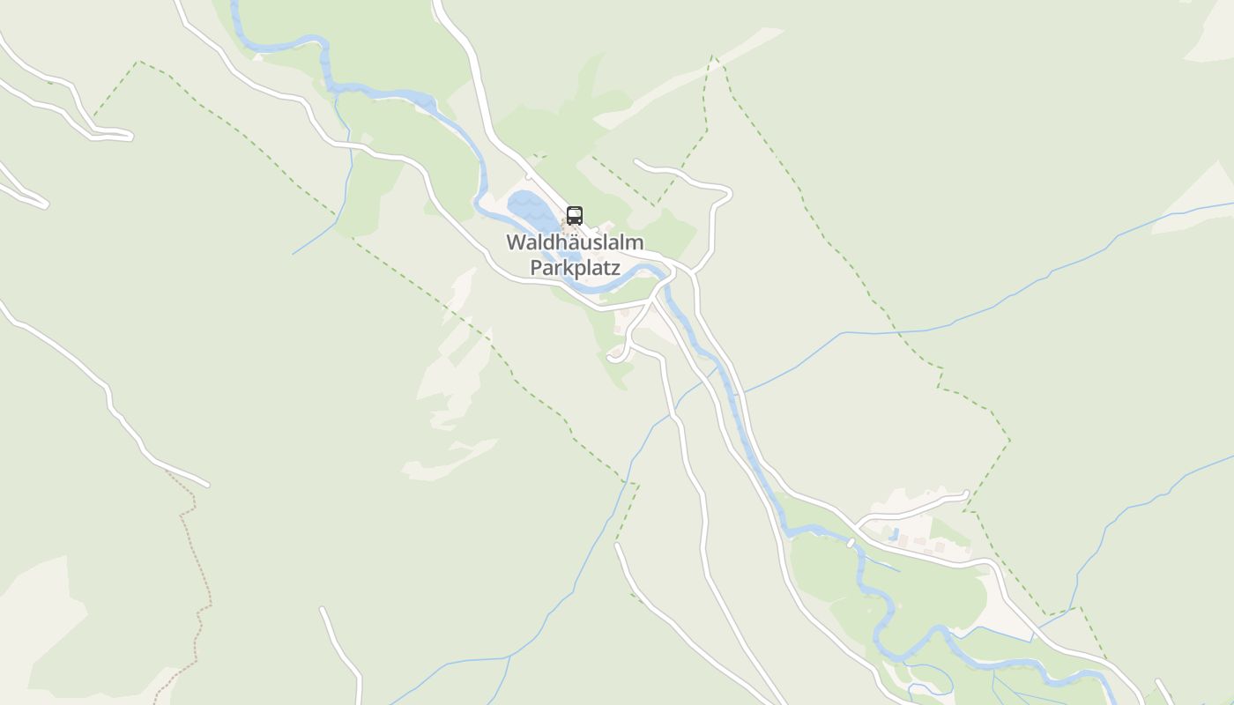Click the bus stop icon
(574, 215)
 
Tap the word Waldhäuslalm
(575, 242)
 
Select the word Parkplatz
(575, 267)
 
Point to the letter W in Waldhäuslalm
(516, 242)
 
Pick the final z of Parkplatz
(615, 268)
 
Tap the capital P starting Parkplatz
(536, 267)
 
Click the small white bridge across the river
(851, 543)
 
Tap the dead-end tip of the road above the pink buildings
(967, 494)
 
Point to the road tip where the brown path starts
(206, 484)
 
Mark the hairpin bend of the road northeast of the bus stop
(728, 193)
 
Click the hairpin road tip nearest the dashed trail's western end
(130, 136)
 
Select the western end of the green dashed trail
(94, 116)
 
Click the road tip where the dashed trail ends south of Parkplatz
(618, 545)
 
